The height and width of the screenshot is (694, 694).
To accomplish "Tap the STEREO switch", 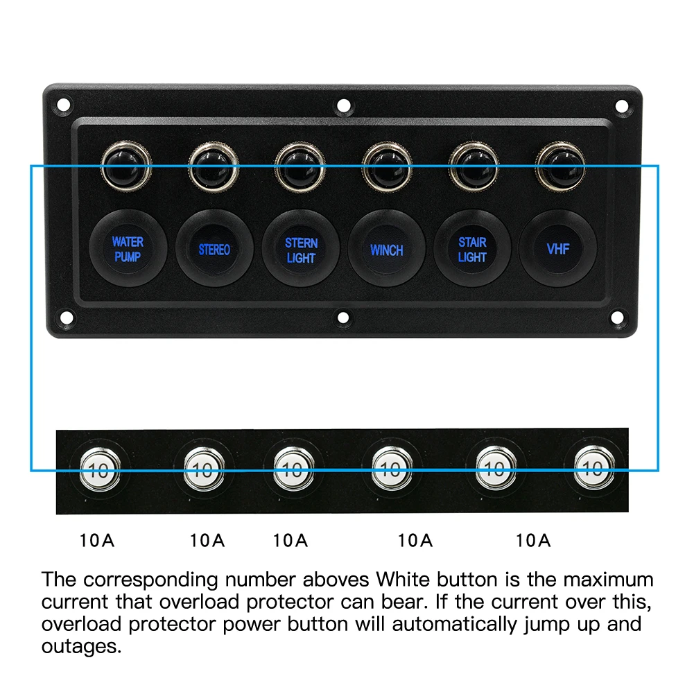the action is pyautogui.click(x=214, y=250).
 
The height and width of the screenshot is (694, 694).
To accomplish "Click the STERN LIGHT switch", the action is pyautogui.click(x=301, y=250).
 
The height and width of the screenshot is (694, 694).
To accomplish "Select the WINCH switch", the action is pyautogui.click(x=386, y=250).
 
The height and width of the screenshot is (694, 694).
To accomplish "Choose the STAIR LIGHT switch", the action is pyautogui.click(x=472, y=250).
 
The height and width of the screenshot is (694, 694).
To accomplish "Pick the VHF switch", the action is pyautogui.click(x=558, y=248).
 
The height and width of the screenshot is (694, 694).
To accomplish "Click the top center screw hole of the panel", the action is pyautogui.click(x=343, y=106).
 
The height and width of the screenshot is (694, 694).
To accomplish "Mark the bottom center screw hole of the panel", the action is pyautogui.click(x=343, y=318).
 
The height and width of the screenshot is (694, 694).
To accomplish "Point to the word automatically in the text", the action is pyautogui.click(x=455, y=624).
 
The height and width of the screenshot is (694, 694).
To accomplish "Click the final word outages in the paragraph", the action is pyautogui.click(x=81, y=646).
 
